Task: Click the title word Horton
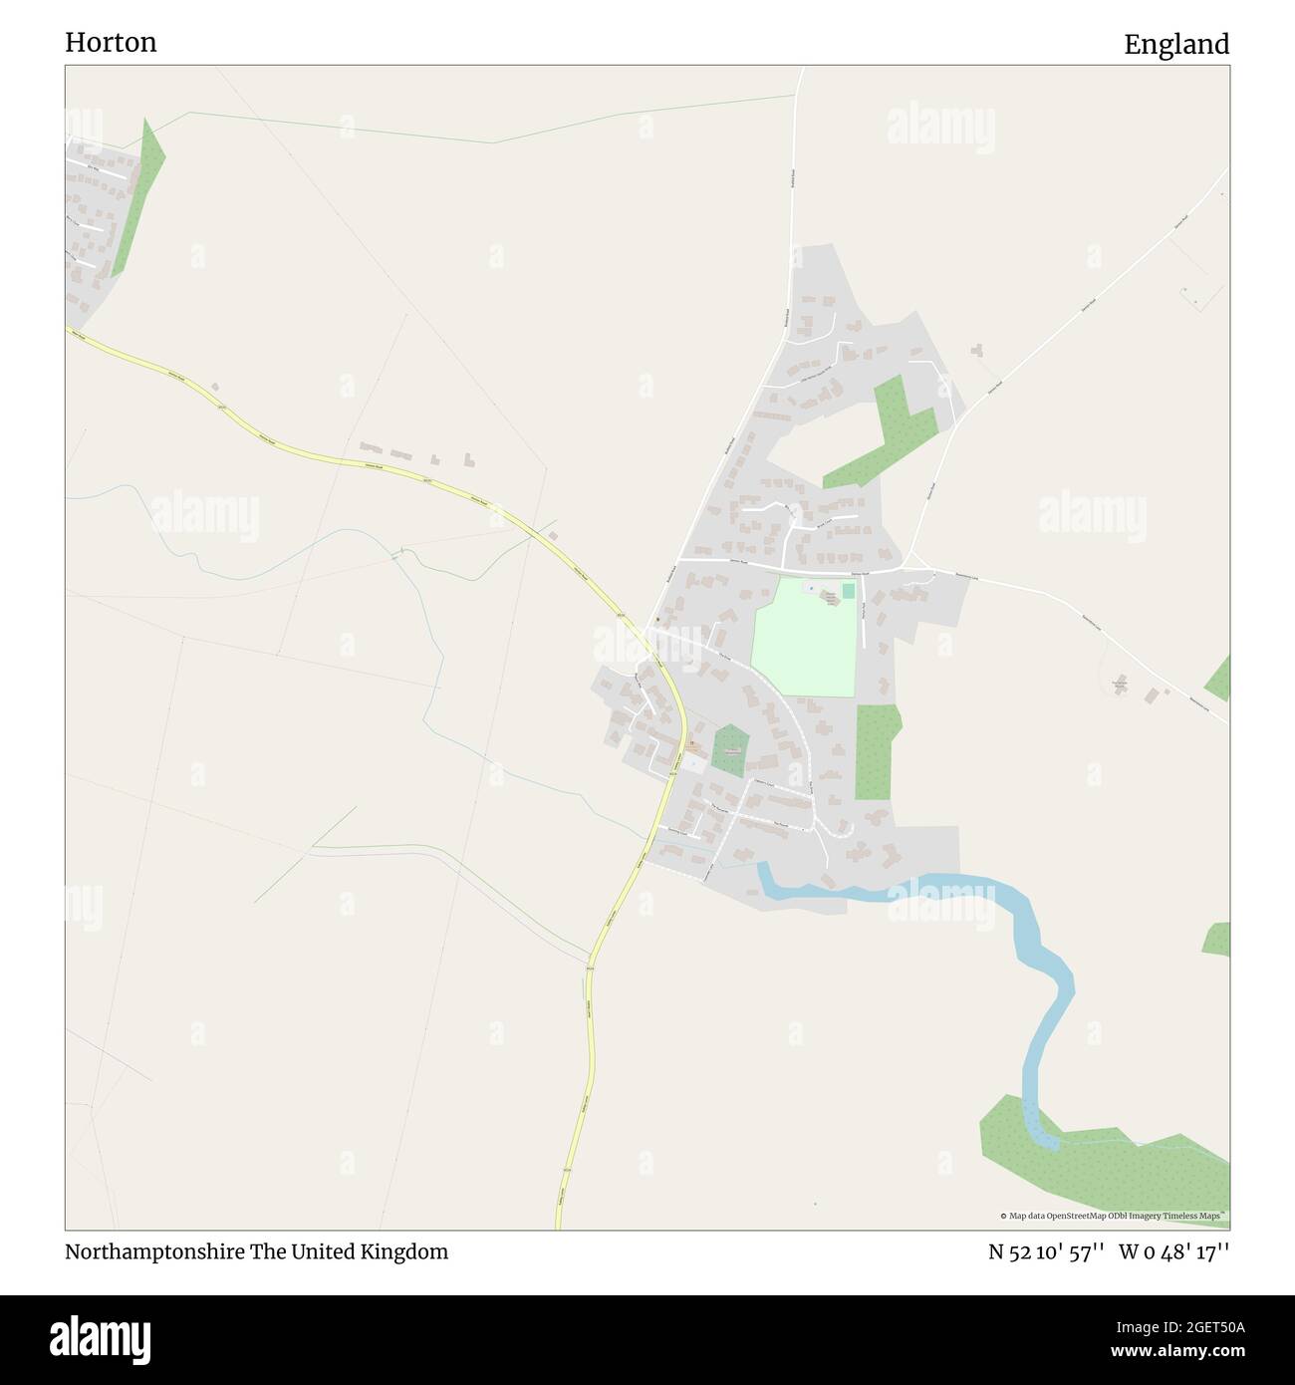111,43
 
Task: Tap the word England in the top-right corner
1175,45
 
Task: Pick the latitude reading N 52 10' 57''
1045,1251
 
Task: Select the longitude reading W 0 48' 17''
1173,1251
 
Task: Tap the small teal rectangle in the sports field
848,592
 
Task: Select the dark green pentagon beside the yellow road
730,752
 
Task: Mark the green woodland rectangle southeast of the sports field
876,752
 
